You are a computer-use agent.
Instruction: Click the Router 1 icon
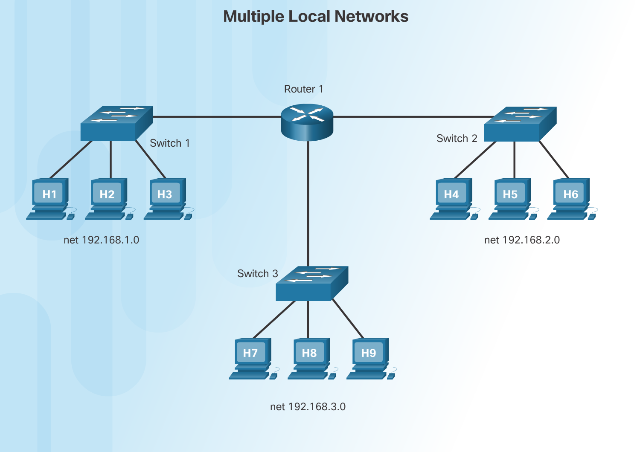tap(307, 123)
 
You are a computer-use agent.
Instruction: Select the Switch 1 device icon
tap(116, 123)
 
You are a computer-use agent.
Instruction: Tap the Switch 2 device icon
tap(520, 124)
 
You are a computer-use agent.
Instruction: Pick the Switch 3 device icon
tap(312, 284)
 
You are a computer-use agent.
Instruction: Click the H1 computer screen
tap(50, 194)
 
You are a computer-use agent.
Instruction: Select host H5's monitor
tap(510, 194)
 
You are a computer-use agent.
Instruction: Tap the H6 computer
tap(571, 199)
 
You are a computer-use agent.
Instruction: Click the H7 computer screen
tap(250, 353)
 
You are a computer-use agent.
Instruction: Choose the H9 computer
tap(370, 358)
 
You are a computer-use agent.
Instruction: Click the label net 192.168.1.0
tap(102, 240)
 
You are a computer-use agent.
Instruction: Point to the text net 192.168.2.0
tap(522, 240)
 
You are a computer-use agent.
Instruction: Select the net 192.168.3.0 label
tap(308, 407)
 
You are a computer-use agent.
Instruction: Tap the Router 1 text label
tap(303, 89)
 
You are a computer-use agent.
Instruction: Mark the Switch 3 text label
tap(257, 274)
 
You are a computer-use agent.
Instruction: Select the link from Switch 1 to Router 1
tap(217, 116)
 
